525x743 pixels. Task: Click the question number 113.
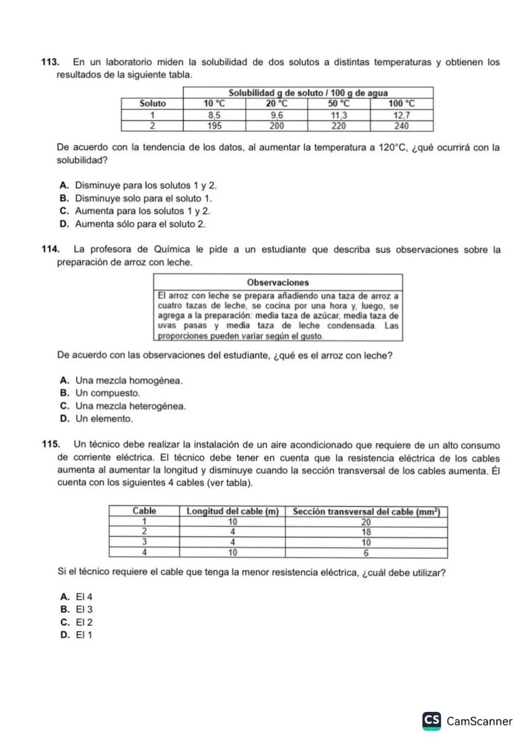coord(50,62)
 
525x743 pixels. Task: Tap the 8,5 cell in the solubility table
coord(214,115)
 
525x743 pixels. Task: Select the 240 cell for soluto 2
coord(401,126)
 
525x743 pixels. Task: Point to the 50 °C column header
coord(338,104)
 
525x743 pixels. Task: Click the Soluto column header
coord(152,104)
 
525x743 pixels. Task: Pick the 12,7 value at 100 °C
coord(401,115)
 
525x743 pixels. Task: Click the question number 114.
coord(51,249)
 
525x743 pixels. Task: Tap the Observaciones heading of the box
coord(278,283)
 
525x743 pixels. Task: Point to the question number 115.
coord(51,444)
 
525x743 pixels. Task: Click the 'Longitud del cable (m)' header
coord(232,511)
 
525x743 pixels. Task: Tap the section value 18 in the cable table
coord(366,532)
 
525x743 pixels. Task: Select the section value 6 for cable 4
coord(366,553)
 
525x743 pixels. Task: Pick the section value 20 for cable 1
coord(366,522)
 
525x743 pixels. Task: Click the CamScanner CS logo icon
coord(432,721)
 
